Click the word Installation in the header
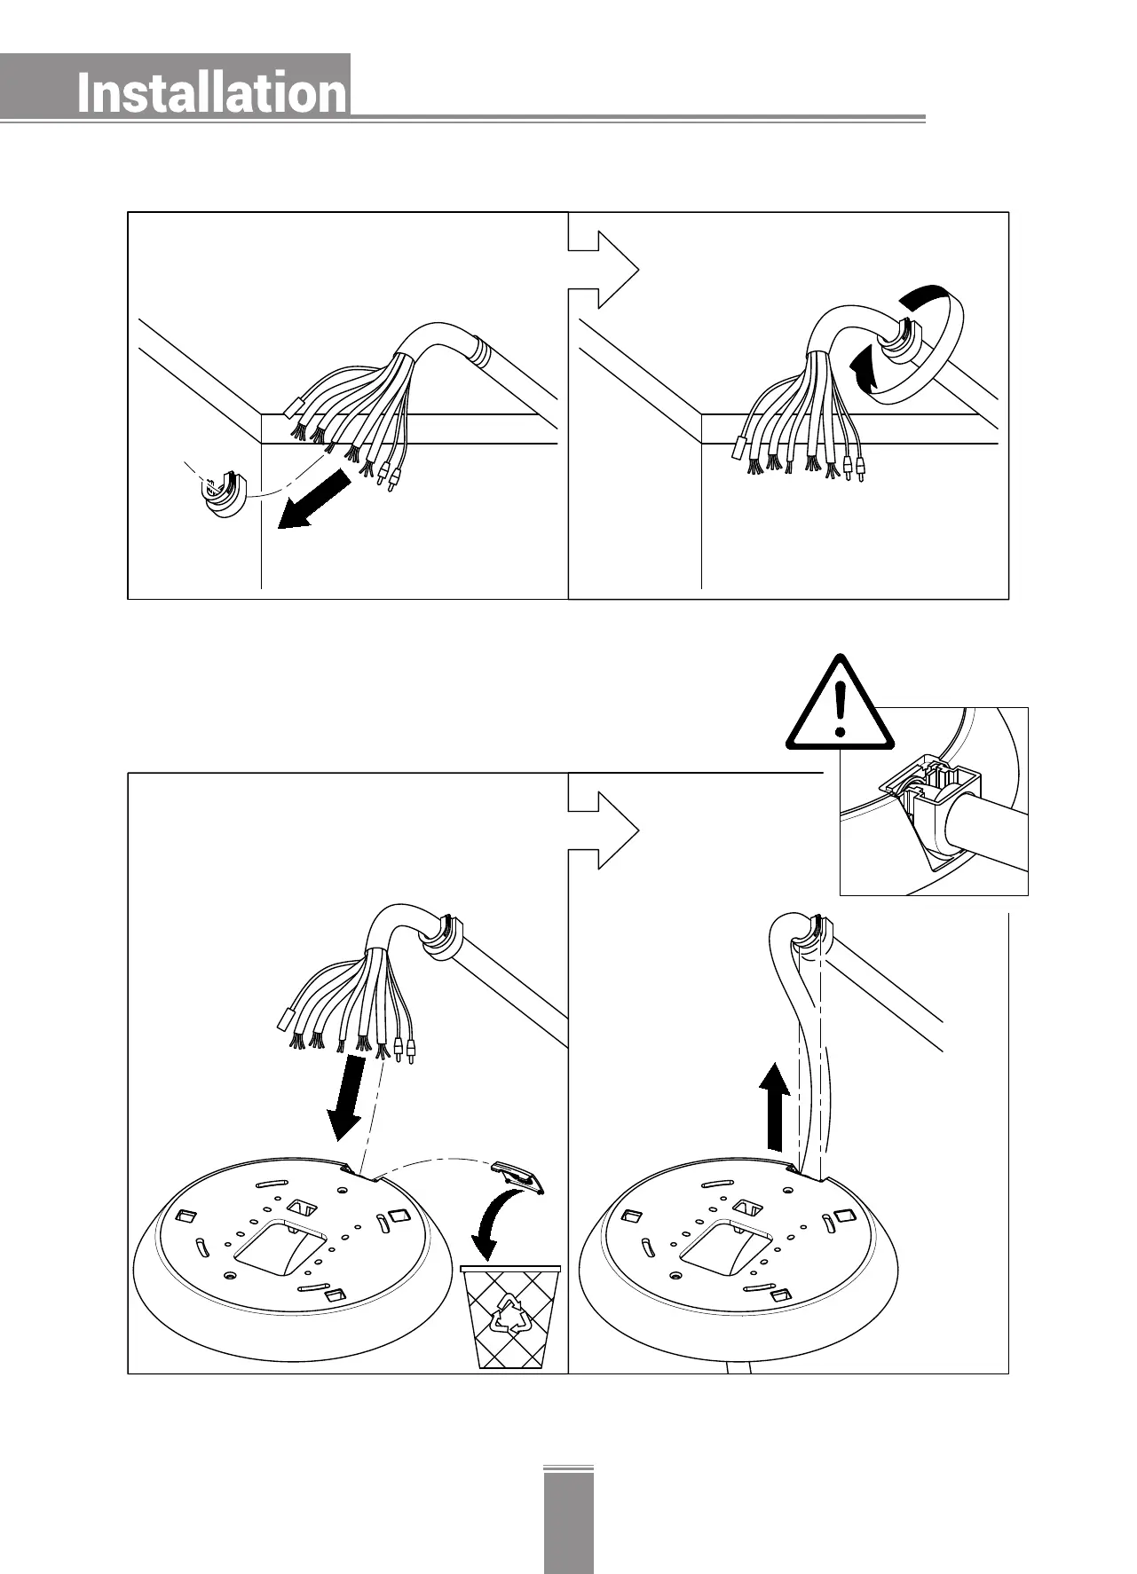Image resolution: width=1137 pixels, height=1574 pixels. [211, 93]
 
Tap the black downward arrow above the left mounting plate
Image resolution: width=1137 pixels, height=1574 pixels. [348, 1096]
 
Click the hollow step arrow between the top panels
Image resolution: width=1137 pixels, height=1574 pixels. [604, 269]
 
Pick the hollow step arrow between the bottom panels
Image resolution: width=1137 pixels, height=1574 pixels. [604, 830]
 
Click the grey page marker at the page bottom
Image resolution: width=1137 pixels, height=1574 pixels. [568, 1519]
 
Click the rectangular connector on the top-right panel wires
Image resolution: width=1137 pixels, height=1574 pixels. [737, 449]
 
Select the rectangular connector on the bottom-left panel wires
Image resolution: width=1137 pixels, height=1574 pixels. [286, 1020]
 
